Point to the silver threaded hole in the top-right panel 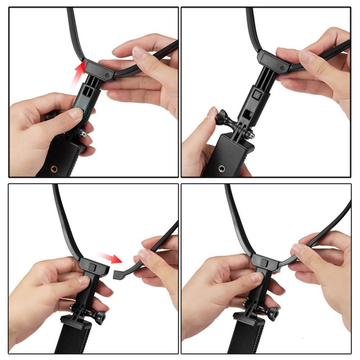coord(221,168)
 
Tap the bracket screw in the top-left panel coord(107,75)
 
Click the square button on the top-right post coord(257,95)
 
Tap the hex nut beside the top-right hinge coord(251,135)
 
